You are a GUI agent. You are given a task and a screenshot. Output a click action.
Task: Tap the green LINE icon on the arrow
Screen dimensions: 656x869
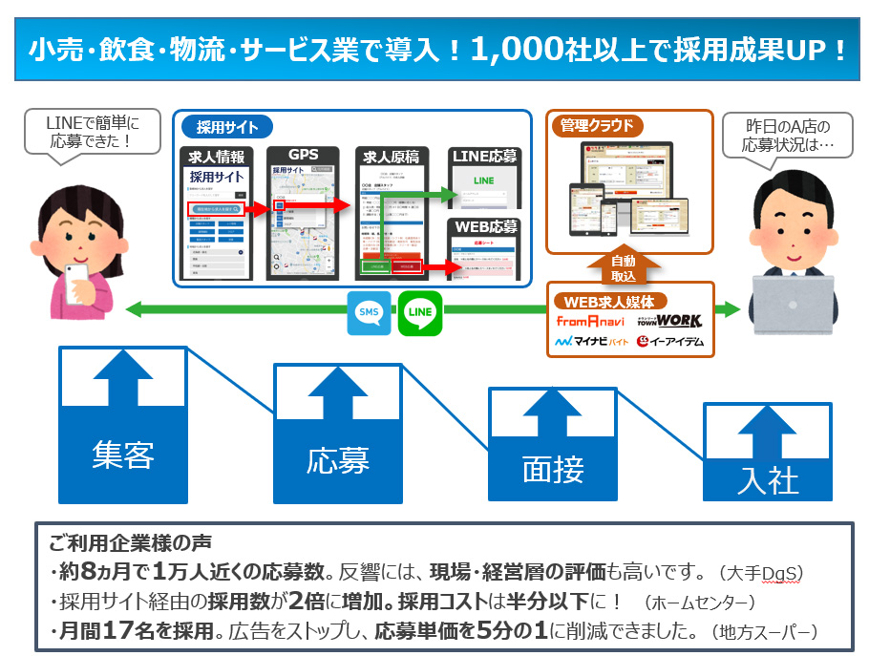click(419, 312)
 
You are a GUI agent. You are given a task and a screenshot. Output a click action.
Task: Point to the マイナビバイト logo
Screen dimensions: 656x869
click(592, 341)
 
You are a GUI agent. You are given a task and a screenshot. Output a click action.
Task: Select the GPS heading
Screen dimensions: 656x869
click(303, 155)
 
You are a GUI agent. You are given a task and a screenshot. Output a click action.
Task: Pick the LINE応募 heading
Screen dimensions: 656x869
click(484, 155)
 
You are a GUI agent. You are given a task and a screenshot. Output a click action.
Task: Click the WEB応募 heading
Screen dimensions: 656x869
click(484, 226)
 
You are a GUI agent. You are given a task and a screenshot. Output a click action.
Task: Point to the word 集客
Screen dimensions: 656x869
click(123, 455)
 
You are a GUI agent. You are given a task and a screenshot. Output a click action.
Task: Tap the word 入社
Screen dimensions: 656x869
click(768, 479)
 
